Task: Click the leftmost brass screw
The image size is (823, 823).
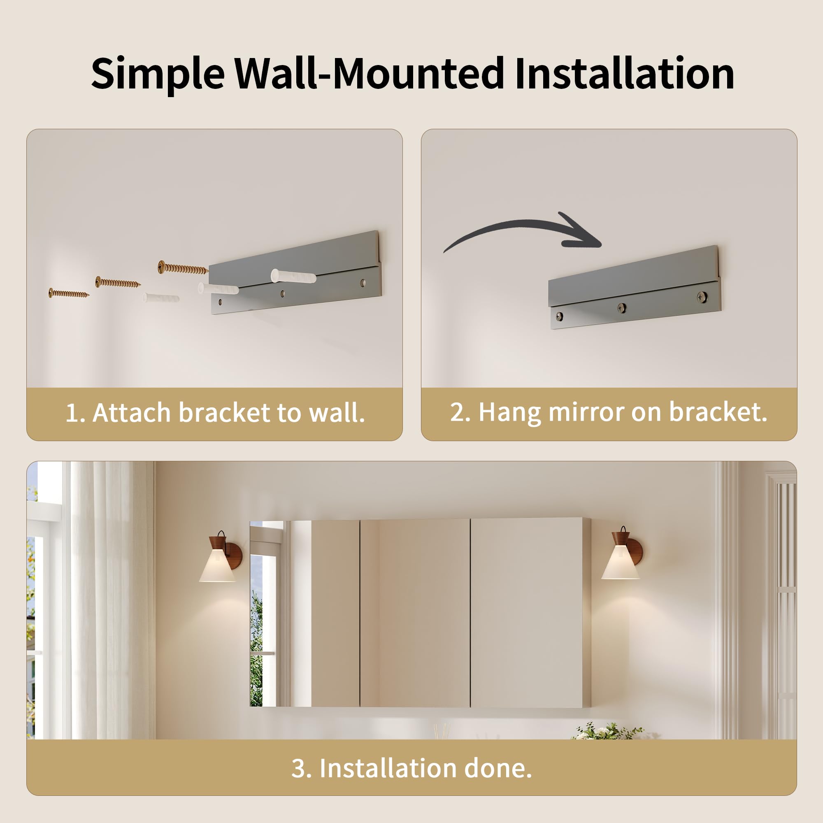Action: [69, 293]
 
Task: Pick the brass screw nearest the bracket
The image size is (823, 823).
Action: [183, 267]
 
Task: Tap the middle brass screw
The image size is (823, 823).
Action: [118, 282]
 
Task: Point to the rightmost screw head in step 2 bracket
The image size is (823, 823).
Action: [702, 297]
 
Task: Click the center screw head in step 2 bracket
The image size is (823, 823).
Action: [622, 307]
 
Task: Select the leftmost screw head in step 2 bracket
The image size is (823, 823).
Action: [559, 316]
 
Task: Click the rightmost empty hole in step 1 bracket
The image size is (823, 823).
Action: [363, 282]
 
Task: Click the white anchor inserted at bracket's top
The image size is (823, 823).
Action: [293, 276]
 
